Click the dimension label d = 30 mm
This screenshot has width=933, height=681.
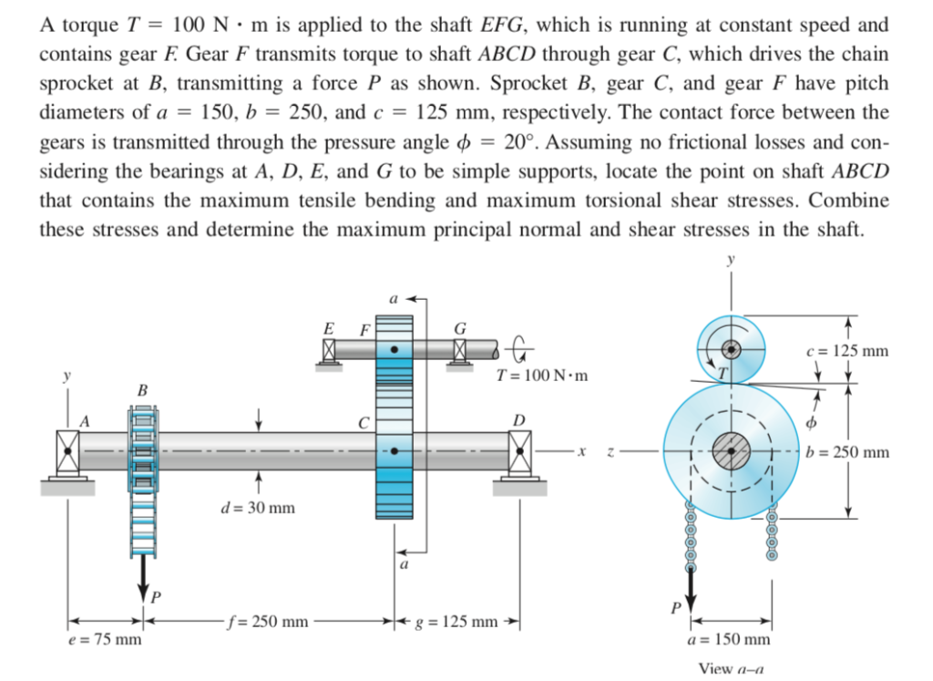pyautogui.click(x=257, y=507)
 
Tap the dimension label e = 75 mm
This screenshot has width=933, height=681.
pyautogui.click(x=106, y=639)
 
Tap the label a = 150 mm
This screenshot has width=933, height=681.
pyautogui.click(x=731, y=642)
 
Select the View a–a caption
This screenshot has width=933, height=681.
pyautogui.click(x=730, y=668)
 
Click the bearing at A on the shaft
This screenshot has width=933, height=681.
pyautogui.click(x=67, y=451)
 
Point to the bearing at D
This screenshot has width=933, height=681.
pyautogui.click(x=520, y=450)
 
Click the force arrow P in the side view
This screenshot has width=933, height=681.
pyautogui.click(x=143, y=574)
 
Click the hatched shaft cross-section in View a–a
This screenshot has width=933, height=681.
pyautogui.click(x=730, y=450)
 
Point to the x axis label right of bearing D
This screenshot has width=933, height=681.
pyautogui.click(x=580, y=450)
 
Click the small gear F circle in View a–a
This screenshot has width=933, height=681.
pyautogui.click(x=730, y=348)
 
